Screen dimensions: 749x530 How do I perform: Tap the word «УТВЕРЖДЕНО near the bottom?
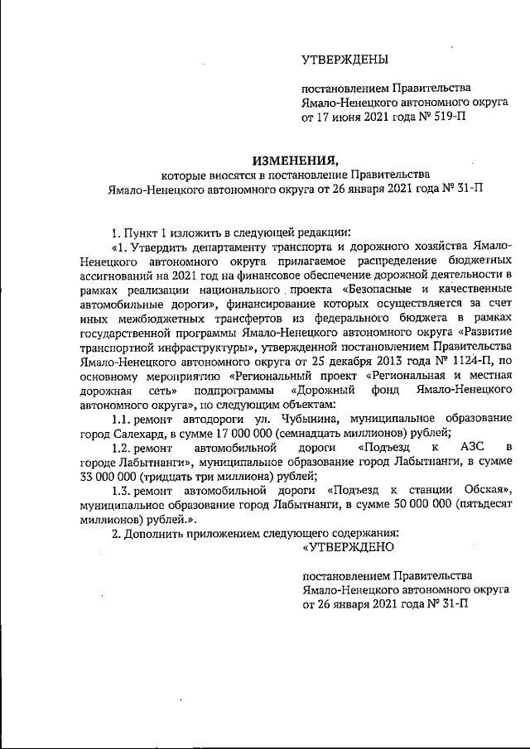pyautogui.click(x=348, y=547)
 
